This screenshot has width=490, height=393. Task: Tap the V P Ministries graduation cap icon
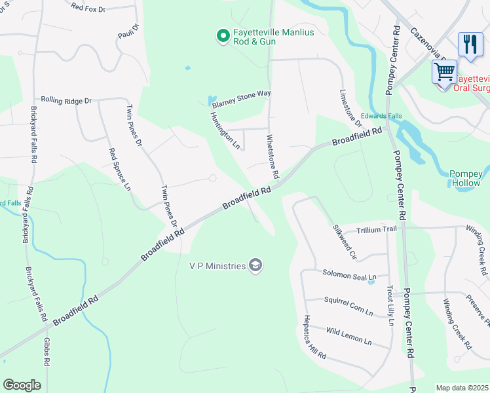[255, 265]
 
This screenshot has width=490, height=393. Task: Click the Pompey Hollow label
[466, 178]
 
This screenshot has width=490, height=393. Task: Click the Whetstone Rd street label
[273, 158]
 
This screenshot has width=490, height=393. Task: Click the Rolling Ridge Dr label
[66, 100]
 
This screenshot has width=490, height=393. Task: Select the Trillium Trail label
[377, 229]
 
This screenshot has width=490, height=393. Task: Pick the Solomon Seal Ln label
[349, 277]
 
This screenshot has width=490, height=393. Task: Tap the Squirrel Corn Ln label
[348, 305]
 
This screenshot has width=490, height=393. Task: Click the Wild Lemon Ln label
[349, 337]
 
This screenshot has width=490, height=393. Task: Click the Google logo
[22, 385]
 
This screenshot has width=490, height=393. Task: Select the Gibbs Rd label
[48, 356]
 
